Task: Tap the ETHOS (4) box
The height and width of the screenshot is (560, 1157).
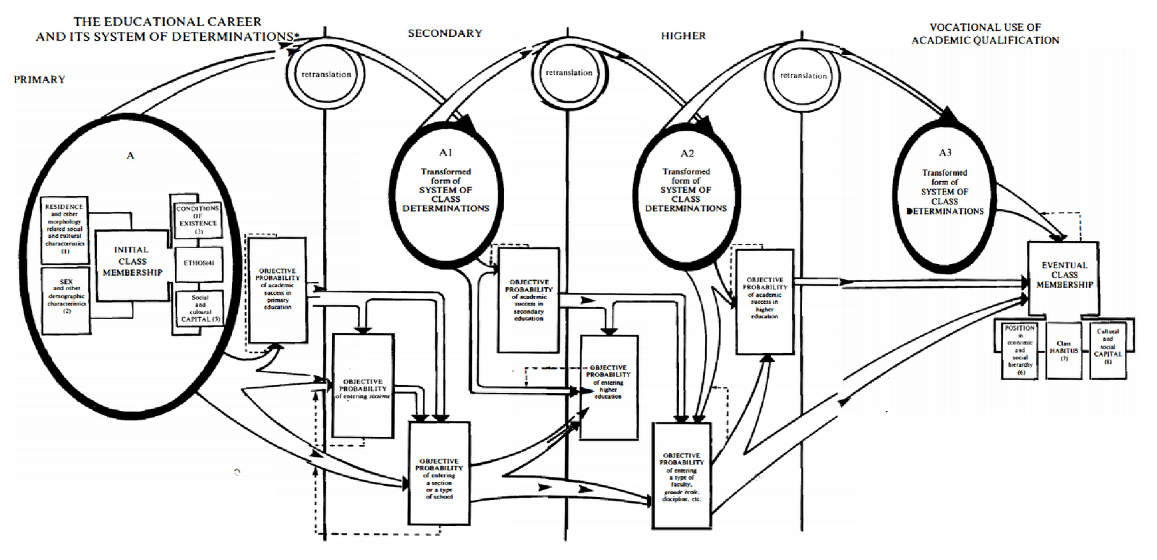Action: pyautogui.click(x=198, y=263)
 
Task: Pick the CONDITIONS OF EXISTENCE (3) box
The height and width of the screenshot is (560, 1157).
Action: pyautogui.click(x=197, y=217)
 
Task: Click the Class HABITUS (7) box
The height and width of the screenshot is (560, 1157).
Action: pyautogui.click(x=1064, y=351)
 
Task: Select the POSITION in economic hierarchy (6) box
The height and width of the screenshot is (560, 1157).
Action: pyautogui.click(x=1020, y=350)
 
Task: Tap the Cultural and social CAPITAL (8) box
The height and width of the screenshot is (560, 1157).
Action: pyautogui.click(x=1108, y=349)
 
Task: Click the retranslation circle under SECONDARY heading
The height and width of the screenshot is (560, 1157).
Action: pyautogui.click(x=569, y=73)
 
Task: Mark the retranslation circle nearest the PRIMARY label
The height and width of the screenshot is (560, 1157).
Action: pyautogui.click(x=326, y=75)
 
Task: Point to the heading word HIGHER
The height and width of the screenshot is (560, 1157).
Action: pyautogui.click(x=683, y=35)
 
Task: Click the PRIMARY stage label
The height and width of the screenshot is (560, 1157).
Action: pyautogui.click(x=39, y=80)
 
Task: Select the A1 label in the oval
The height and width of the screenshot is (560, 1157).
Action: pyautogui.click(x=445, y=153)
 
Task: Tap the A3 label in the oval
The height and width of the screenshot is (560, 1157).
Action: pyautogui.click(x=944, y=153)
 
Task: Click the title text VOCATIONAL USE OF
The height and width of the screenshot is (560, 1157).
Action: pyautogui.click(x=985, y=27)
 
